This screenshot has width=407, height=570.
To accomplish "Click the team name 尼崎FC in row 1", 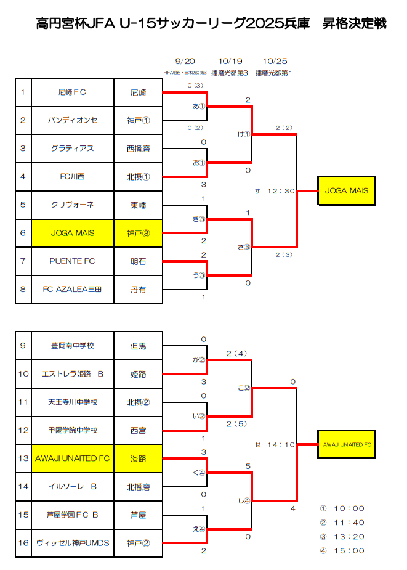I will point(72,92).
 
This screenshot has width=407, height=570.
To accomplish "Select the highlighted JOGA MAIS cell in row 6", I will point(72,233).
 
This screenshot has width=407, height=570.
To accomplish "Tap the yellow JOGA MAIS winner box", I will point(346,190).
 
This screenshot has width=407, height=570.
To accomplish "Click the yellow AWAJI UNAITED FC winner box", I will point(346,444).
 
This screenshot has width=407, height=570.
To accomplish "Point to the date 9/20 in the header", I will point(185,61).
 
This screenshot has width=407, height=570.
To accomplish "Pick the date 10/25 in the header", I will point(274,61).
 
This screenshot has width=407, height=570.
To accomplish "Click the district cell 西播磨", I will point(139,149).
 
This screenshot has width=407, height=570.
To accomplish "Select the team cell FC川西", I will point(72,177).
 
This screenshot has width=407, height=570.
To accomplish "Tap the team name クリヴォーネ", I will point(72,205).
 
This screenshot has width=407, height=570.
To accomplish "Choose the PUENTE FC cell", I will point(72,261).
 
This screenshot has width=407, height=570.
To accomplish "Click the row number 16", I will point(23,543).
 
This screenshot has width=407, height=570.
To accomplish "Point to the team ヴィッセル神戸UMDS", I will point(72,543).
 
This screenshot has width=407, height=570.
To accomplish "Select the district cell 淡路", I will point(139,458).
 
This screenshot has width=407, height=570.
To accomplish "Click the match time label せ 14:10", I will point(275,444).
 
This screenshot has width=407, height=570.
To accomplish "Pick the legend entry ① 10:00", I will point(342,508).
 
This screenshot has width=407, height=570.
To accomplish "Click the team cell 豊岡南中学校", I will point(72,346).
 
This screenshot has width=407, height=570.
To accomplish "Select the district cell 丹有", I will point(139,289).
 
